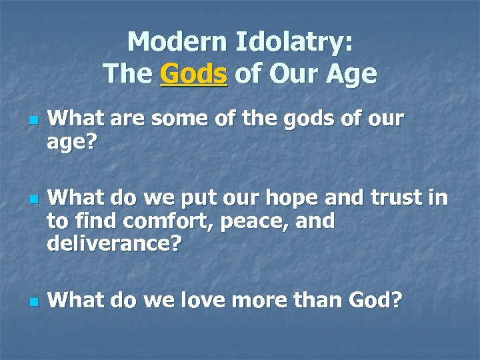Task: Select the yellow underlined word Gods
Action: coord(194,73)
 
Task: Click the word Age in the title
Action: coord(350,73)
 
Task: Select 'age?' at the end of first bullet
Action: coord(72,142)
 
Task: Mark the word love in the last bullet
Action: coord(200,300)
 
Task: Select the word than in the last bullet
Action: coord(319,300)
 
